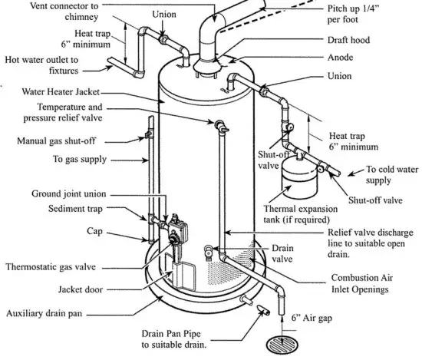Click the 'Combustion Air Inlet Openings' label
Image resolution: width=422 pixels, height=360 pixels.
coord(368,283)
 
